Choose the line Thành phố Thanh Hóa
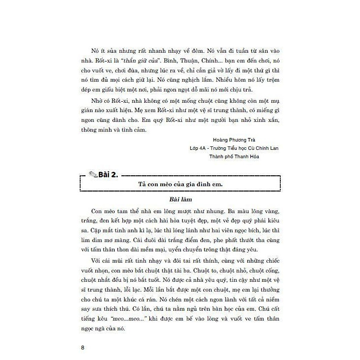tap(234, 157)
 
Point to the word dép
tap(88, 89)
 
